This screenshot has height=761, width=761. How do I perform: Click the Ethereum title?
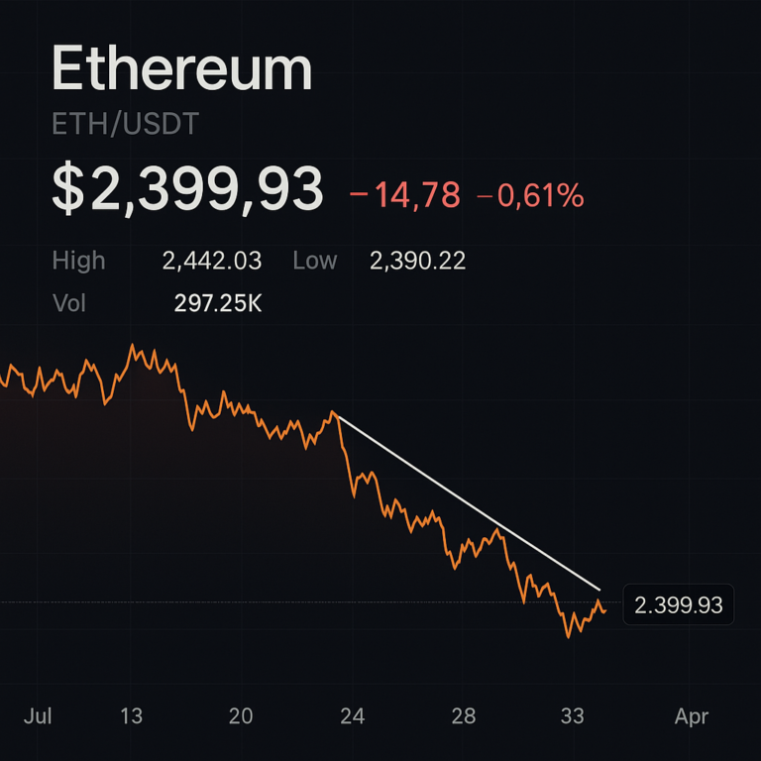[181, 70]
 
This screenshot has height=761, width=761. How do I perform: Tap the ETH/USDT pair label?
[125, 125]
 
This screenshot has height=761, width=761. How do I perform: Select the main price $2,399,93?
[187, 190]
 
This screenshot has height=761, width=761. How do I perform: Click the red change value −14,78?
[405, 195]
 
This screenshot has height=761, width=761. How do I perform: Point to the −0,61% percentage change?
[530, 195]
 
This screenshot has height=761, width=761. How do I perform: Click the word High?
[78, 261]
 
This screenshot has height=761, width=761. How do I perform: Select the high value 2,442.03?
[212, 261]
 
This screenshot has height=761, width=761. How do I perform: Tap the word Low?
[315, 261]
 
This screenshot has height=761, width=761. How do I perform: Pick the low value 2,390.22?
[417, 261]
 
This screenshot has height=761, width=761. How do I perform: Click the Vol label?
[69, 303]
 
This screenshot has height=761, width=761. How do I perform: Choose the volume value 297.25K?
[218, 303]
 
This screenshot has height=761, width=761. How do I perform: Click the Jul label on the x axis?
[37, 715]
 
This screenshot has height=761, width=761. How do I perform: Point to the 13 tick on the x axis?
[132, 715]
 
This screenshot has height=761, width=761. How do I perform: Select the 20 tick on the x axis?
[241, 715]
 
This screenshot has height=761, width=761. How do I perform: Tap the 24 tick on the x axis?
[352, 715]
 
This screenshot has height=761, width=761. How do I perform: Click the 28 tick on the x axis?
[464, 715]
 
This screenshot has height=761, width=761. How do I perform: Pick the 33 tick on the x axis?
[572, 715]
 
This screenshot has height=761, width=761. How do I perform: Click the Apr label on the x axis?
[692, 715]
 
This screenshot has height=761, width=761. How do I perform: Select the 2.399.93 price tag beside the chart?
[678, 604]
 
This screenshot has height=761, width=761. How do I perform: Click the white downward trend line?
[466, 500]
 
